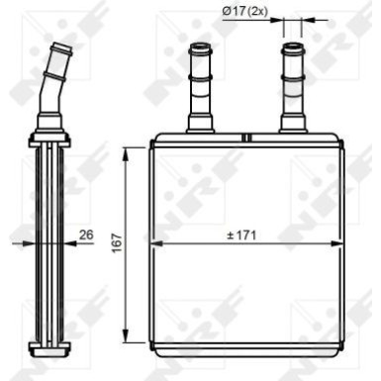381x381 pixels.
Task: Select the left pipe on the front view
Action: click(x=200, y=89)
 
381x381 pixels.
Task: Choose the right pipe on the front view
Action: click(x=293, y=89)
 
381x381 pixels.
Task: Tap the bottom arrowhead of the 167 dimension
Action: click(x=126, y=338)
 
